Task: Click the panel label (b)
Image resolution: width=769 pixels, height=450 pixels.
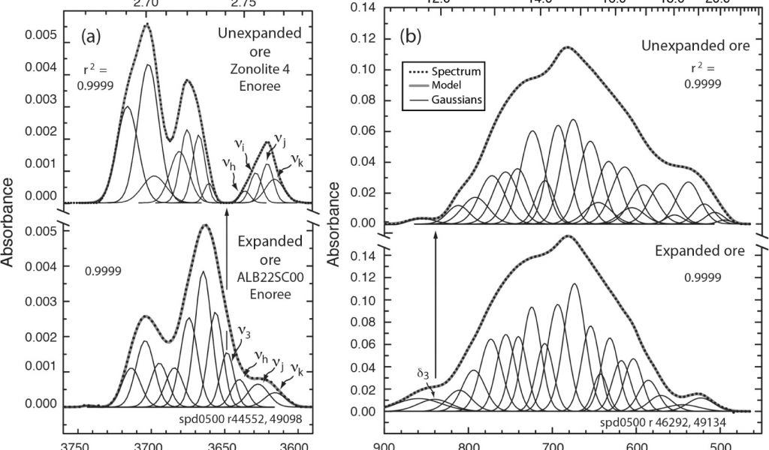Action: tap(415, 36)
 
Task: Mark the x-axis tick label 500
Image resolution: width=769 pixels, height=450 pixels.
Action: tap(717, 443)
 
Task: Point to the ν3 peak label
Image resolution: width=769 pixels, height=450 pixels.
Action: tap(245, 329)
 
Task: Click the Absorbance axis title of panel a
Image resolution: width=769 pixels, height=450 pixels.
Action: tap(9, 222)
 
